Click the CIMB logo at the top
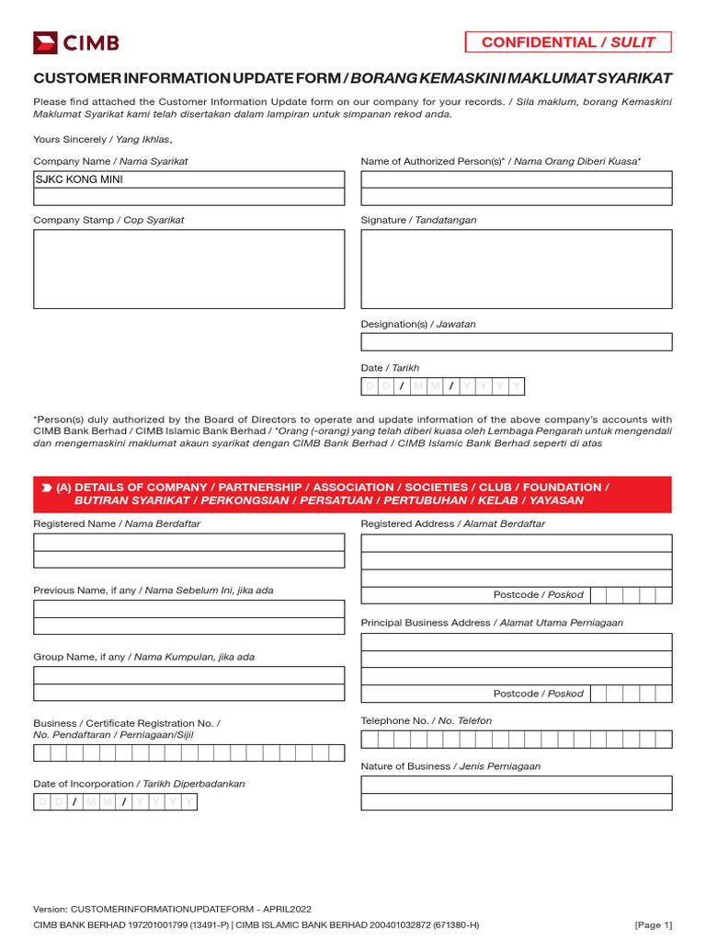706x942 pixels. [x=76, y=42]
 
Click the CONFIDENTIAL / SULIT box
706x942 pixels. [x=568, y=41]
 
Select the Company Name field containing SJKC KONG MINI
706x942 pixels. [x=189, y=179]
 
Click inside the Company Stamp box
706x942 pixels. [x=189, y=269]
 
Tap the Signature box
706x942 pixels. [x=516, y=269]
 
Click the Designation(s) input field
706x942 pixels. [x=516, y=341]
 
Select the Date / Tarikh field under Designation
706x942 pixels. [x=442, y=386]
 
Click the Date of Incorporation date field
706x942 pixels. [x=115, y=802]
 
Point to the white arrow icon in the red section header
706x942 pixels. [x=46, y=488]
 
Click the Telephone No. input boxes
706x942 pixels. [x=516, y=740]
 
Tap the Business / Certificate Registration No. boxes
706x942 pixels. [x=188, y=753]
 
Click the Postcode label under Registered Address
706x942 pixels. [x=538, y=595]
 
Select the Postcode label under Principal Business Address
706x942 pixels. [x=538, y=694]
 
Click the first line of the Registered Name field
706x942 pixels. [x=189, y=542]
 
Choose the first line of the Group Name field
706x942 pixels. [x=189, y=675]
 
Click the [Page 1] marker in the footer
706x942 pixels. [x=653, y=925]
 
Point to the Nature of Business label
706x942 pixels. [x=450, y=765]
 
